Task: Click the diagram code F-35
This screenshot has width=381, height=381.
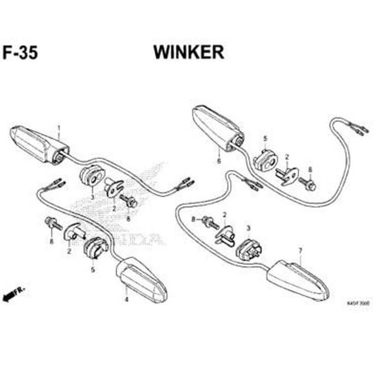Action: (20, 53)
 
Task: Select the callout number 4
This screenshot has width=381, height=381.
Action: (126, 300)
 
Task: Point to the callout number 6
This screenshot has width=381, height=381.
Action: (219, 161)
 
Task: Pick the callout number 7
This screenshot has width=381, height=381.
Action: (300, 250)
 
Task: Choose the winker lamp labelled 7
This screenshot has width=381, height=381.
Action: (298, 279)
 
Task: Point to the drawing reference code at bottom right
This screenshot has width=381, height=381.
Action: (358, 303)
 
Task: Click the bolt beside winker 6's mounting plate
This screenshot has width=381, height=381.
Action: (307, 183)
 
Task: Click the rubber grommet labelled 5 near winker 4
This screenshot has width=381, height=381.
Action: (94, 247)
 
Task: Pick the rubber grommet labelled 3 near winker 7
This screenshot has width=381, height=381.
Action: (249, 248)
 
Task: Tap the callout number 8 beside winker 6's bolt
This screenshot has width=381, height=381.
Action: (310, 169)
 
